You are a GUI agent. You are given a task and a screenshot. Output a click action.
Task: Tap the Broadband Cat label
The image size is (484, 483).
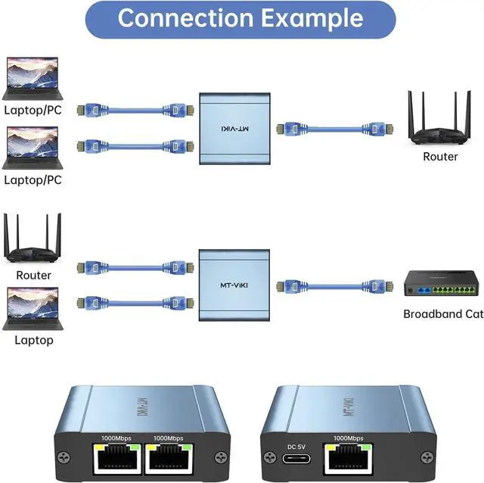point(442,314)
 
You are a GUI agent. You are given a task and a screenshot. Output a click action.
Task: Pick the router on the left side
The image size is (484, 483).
point(33,238)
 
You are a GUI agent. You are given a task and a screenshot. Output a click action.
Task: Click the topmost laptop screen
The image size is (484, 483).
point(33,74)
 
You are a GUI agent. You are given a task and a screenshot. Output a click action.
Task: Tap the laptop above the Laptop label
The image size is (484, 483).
point(33,307)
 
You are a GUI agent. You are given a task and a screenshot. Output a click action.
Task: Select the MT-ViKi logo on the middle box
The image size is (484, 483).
point(233,285)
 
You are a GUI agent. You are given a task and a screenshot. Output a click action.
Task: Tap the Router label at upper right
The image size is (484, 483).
point(440,156)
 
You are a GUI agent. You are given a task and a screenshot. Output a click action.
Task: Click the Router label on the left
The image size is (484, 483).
point(33,276)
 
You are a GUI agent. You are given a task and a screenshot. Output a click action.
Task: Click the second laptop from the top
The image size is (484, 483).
point(33,145)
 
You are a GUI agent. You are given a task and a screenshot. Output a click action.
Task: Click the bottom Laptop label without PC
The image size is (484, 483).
point(33,340)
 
